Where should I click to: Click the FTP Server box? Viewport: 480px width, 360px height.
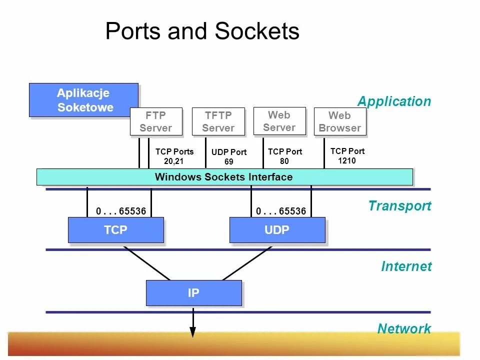(x=155, y=121)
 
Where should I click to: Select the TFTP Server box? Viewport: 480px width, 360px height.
(x=218, y=121)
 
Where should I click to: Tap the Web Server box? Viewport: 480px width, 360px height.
(x=279, y=121)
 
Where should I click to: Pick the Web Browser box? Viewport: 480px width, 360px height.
(x=339, y=121)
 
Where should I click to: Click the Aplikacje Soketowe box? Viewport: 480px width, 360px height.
(x=83, y=100)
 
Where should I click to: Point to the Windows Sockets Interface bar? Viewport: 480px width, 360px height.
(x=224, y=177)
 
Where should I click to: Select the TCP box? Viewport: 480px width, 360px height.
(x=115, y=230)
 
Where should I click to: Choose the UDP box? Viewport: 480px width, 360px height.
(x=277, y=230)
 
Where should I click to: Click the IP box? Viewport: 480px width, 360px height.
(x=193, y=293)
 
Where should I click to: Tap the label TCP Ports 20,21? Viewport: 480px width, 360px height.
(x=174, y=156)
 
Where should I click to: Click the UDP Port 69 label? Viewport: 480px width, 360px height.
(x=229, y=157)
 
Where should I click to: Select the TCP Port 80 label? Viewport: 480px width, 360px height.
(x=285, y=156)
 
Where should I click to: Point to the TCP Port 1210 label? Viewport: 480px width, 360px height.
(x=347, y=155)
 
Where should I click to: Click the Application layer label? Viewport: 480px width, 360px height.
(x=394, y=101)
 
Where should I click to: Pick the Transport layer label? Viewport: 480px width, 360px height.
(x=399, y=206)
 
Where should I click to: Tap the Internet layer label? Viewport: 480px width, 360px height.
(x=406, y=266)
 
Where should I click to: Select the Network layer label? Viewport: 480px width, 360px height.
(x=404, y=328)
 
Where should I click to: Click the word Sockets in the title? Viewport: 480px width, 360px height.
(x=257, y=31)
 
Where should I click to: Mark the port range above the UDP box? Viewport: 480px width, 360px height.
(x=281, y=211)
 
